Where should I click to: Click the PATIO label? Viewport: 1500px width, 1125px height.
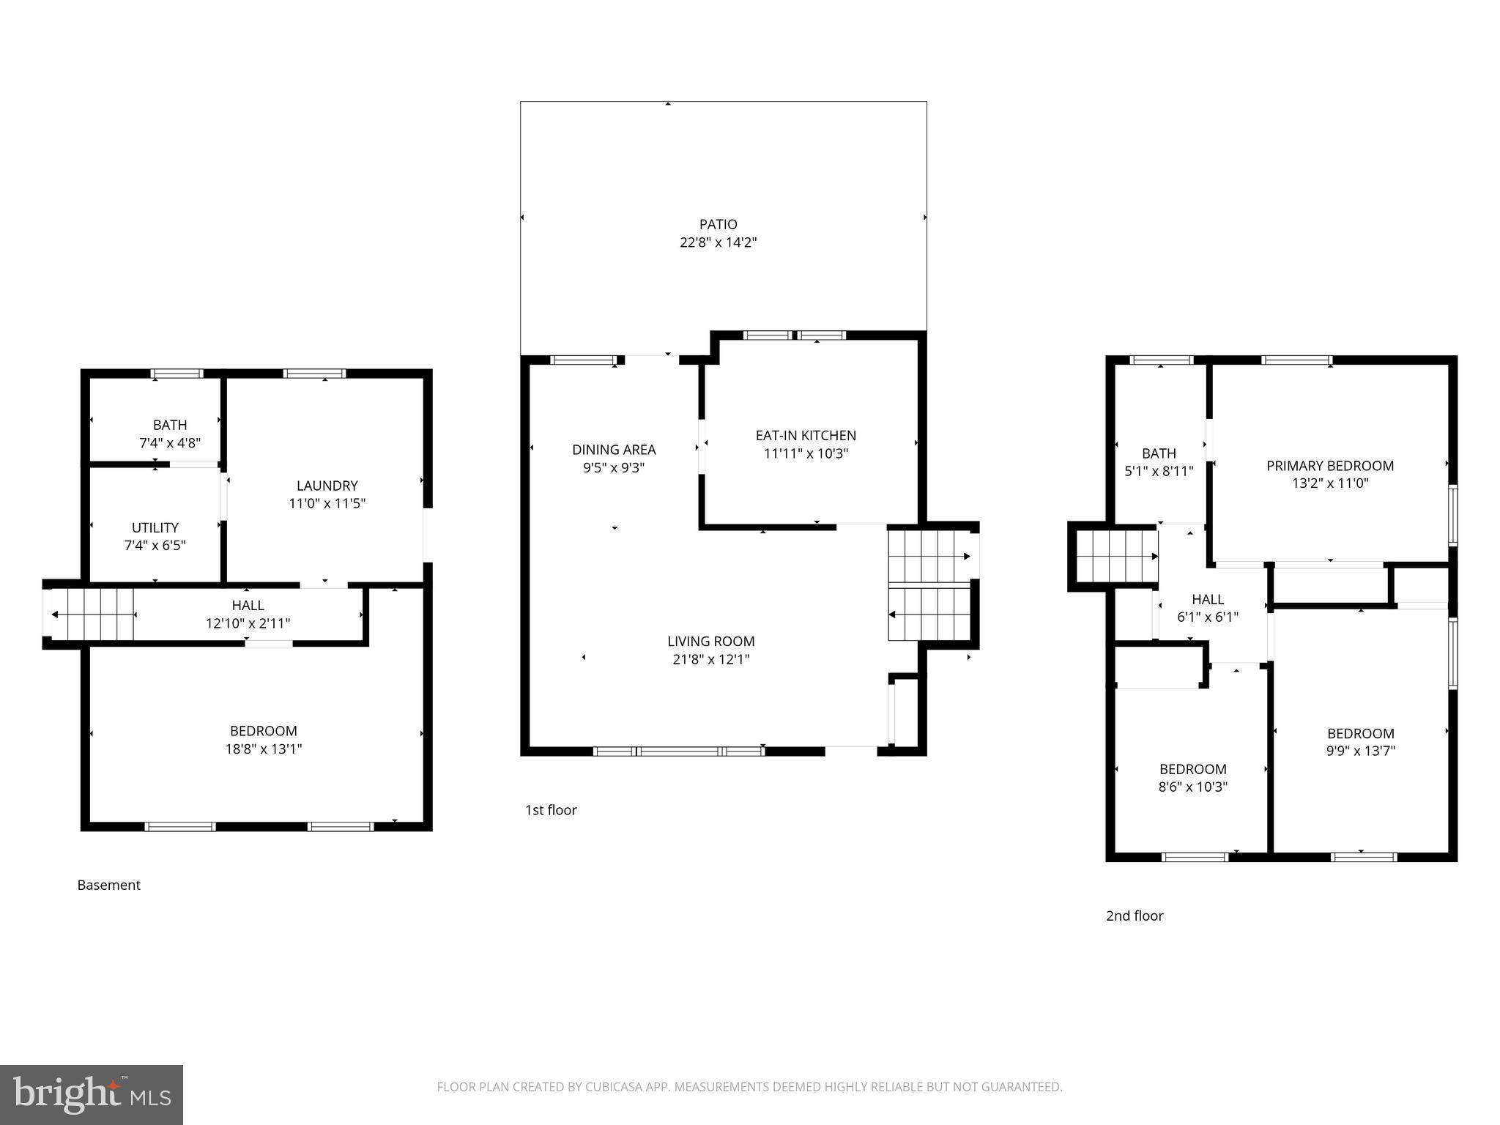718,224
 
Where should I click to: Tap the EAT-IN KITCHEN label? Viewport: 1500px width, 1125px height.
806,435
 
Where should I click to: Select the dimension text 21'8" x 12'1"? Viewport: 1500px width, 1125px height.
710,659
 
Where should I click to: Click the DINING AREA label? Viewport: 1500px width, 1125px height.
614,450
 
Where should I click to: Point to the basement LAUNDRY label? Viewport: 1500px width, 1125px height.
327,486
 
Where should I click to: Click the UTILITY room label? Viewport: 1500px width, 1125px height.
155,527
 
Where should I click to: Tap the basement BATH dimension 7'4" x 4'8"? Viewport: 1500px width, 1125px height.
170,443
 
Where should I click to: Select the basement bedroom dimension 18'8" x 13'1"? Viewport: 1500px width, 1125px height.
264,749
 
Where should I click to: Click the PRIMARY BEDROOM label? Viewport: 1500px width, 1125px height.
1329,466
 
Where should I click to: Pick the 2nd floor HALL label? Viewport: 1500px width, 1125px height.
1208,599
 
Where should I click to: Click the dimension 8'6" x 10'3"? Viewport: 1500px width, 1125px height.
1192,787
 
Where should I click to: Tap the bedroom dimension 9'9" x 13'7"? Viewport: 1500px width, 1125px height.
1360,751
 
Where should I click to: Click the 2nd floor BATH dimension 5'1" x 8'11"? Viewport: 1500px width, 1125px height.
1159,472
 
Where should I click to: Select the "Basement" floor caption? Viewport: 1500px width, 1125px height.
108,885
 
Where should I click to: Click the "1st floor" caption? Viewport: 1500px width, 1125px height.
551,810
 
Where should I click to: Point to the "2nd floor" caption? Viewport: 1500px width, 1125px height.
1135,916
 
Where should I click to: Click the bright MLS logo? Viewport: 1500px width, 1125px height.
92,1094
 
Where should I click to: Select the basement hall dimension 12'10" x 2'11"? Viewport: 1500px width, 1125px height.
248,623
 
